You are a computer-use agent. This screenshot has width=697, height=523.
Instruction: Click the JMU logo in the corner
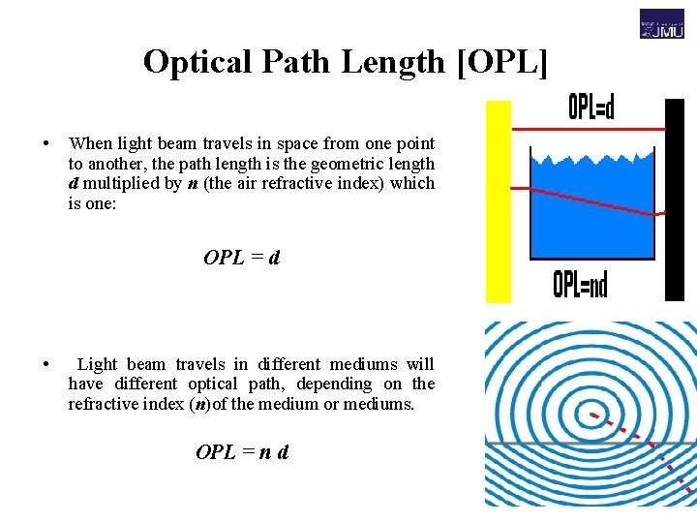click(661, 23)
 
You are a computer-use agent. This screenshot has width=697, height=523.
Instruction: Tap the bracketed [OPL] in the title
click(500, 62)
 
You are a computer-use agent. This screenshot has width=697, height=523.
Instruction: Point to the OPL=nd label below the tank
click(580, 284)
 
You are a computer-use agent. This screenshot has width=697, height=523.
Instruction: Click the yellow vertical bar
click(498, 201)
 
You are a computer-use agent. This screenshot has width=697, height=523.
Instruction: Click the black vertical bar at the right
click(675, 199)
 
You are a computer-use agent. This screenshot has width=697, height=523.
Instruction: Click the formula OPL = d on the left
click(242, 258)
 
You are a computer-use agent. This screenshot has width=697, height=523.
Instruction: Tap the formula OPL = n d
click(242, 452)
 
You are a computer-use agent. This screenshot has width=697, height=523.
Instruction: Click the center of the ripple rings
click(593, 416)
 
